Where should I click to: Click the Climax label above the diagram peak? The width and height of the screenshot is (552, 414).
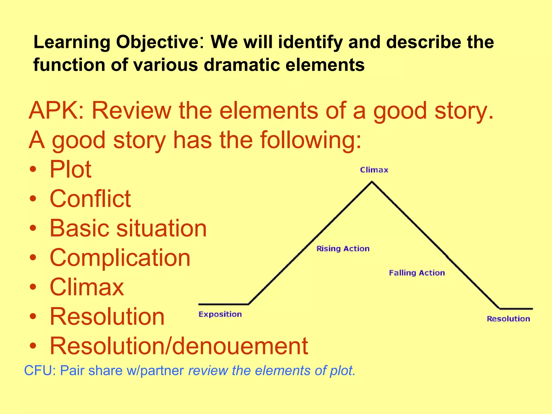[374, 170]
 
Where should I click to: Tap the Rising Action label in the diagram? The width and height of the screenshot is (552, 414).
[343, 249]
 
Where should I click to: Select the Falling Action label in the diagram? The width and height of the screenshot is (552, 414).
[417, 273]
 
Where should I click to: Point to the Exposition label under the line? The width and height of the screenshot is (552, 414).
[220, 314]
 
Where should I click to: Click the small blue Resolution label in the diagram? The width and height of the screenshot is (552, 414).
[508, 319]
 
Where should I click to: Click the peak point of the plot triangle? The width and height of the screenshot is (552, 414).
[372, 182]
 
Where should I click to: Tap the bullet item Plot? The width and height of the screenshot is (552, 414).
[71, 170]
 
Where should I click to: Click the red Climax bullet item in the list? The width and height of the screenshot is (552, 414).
[87, 287]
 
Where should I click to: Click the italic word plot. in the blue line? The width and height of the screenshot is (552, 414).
[342, 371]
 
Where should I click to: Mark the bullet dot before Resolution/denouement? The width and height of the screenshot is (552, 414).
[33, 346]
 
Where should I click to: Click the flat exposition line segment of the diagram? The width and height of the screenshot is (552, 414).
[223, 304]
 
